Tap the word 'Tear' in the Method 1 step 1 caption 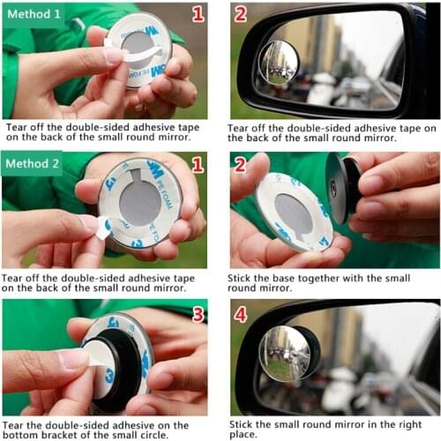point(18,127)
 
